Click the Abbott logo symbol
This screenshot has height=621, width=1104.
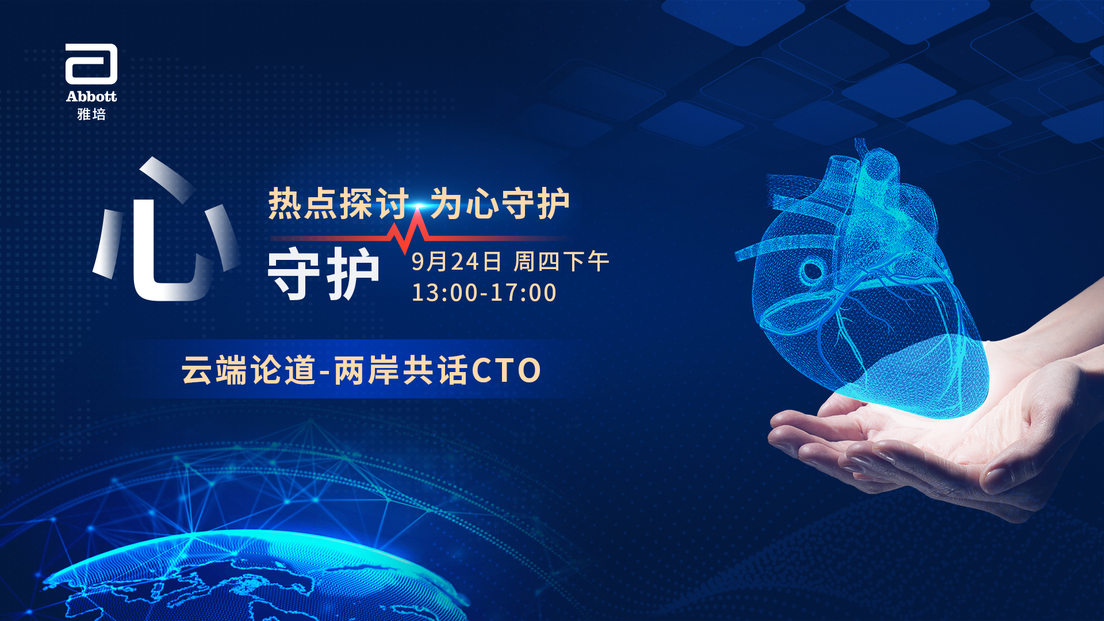(x=91, y=64)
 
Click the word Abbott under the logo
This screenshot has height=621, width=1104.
(x=91, y=96)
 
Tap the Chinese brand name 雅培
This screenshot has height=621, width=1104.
(x=91, y=114)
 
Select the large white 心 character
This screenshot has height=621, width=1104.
(x=167, y=230)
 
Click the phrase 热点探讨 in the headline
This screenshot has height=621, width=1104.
(x=339, y=204)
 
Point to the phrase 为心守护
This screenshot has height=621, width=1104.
(x=500, y=204)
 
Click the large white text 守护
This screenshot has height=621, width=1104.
(x=324, y=274)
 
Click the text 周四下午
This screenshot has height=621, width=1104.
(x=561, y=262)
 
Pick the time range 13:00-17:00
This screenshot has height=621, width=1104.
(x=484, y=293)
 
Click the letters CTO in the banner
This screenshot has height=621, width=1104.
(x=506, y=370)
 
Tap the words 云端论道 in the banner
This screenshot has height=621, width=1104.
(x=249, y=370)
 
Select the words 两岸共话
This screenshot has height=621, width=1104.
(x=401, y=370)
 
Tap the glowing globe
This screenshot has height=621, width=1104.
(x=253, y=575)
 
